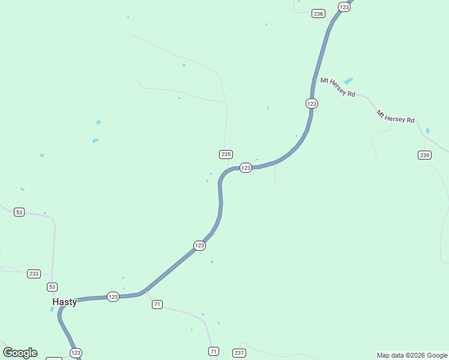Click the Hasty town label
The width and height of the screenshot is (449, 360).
(x=65, y=302)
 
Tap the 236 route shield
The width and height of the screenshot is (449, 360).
(x=318, y=13)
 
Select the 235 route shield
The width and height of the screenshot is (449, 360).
(x=226, y=154)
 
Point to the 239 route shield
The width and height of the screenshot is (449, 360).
(x=424, y=155)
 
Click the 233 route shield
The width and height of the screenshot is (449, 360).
(x=34, y=274)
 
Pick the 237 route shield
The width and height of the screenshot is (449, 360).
(x=239, y=352)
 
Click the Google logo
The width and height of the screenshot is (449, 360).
(x=20, y=353)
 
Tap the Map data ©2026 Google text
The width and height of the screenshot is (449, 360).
(x=412, y=355)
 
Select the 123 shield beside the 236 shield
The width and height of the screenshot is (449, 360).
(x=344, y=7)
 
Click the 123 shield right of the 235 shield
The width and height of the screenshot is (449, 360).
(x=246, y=168)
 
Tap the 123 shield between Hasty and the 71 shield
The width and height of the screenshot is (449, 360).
(x=113, y=296)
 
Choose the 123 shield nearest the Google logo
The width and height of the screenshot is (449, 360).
(x=76, y=352)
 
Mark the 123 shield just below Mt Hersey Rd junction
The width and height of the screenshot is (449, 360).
(x=312, y=103)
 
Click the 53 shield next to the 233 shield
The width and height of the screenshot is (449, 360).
(x=53, y=287)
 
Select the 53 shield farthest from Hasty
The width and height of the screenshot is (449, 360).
(x=19, y=212)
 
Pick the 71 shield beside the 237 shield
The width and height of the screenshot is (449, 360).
(x=214, y=351)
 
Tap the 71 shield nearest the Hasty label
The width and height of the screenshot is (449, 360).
(x=157, y=304)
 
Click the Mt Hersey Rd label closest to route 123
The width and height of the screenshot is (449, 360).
(x=337, y=87)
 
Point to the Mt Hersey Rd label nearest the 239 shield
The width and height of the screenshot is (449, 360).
(x=396, y=116)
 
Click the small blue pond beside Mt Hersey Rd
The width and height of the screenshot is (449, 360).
(x=349, y=80)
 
